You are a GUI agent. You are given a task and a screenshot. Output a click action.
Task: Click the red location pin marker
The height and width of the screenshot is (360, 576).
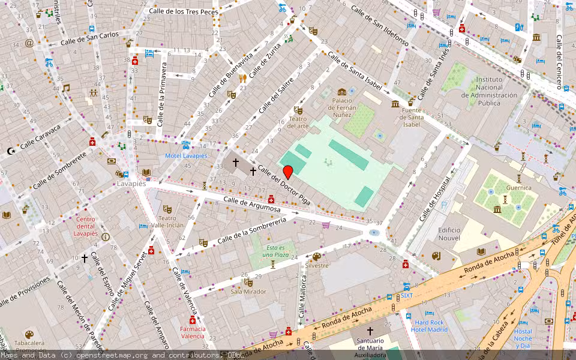tap(288, 171)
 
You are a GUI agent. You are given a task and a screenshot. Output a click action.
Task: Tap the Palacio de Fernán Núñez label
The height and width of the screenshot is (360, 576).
tap(341, 107)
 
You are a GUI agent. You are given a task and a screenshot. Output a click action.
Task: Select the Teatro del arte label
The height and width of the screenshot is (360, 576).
tap(298, 122)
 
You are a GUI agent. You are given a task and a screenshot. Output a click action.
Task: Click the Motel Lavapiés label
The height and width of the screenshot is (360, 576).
tap(186, 156)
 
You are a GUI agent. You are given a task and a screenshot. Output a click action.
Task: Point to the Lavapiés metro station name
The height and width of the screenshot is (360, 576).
tap(131, 184)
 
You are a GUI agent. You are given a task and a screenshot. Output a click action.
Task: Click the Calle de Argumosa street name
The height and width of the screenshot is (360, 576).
tap(252, 205)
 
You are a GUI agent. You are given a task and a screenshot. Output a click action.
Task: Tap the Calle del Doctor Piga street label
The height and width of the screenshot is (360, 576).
tap(284, 185)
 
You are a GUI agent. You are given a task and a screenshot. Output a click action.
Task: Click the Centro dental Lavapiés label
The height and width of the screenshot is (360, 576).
tap(86, 226)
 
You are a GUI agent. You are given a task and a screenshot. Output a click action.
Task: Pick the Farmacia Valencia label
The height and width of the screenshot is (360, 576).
tap(193, 332)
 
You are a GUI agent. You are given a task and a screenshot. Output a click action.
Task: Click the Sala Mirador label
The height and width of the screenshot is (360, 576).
tap(248, 292)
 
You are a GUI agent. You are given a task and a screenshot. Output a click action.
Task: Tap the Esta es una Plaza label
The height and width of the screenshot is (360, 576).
tap(275, 251)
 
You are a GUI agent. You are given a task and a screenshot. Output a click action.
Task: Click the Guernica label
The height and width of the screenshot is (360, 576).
tap(518, 188)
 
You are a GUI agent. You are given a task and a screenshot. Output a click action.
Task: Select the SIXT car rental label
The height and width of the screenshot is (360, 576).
tap(407, 295)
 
